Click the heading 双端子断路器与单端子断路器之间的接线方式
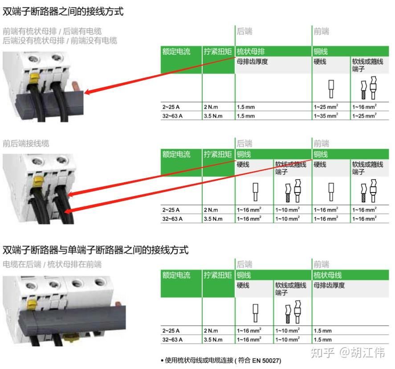[95, 250]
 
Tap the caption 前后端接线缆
[26, 143]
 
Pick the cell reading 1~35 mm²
[326, 116]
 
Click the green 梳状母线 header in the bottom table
[328, 275]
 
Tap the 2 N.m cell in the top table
[211, 107]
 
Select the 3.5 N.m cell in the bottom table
[213, 340]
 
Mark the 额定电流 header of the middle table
[176, 155]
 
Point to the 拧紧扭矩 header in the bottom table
[218, 275]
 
